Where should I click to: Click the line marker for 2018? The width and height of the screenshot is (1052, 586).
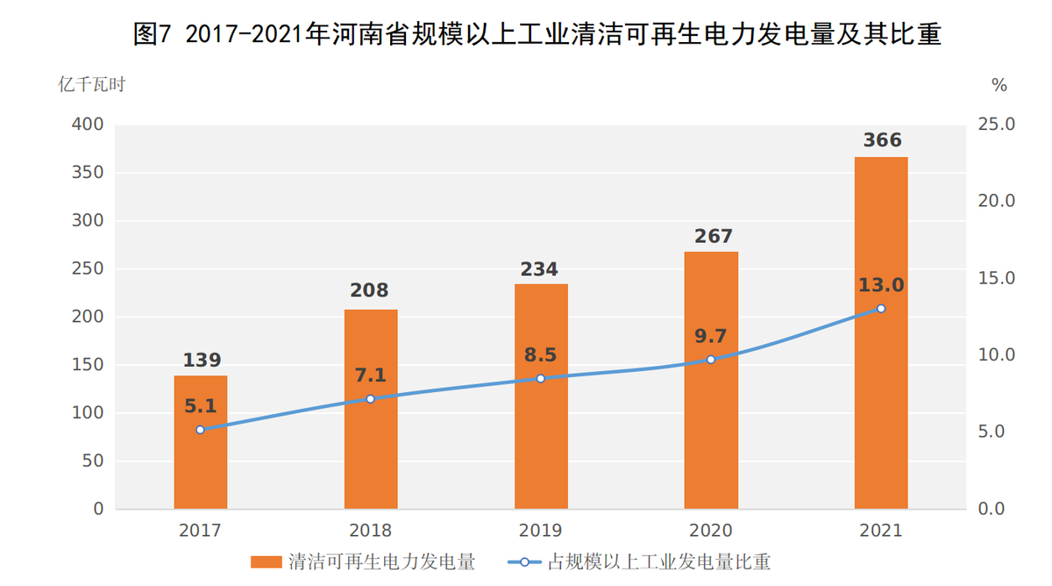tap(370, 398)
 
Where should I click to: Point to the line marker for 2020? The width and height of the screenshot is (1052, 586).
tap(711, 360)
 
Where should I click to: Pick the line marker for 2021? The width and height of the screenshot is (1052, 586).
tap(881, 309)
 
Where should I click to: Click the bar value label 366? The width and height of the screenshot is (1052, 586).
tap(881, 140)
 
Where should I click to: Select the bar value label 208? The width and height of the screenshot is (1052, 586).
tap(369, 290)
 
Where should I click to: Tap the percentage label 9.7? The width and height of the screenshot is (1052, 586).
tap(711, 335)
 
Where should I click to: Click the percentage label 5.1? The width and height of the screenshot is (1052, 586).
tap(200, 405)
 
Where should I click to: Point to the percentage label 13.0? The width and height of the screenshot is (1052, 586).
tap(881, 285)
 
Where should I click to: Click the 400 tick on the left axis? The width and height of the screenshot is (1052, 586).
tap(87, 125)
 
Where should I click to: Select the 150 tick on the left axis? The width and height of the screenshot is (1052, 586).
tap(87, 365)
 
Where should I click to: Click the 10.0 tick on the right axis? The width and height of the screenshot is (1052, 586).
tap(997, 355)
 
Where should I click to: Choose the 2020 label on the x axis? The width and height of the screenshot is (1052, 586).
tap(711, 531)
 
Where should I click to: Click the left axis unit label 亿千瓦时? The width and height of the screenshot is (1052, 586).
tap(91, 85)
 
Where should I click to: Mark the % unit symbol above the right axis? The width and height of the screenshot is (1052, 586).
tap(999, 85)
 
